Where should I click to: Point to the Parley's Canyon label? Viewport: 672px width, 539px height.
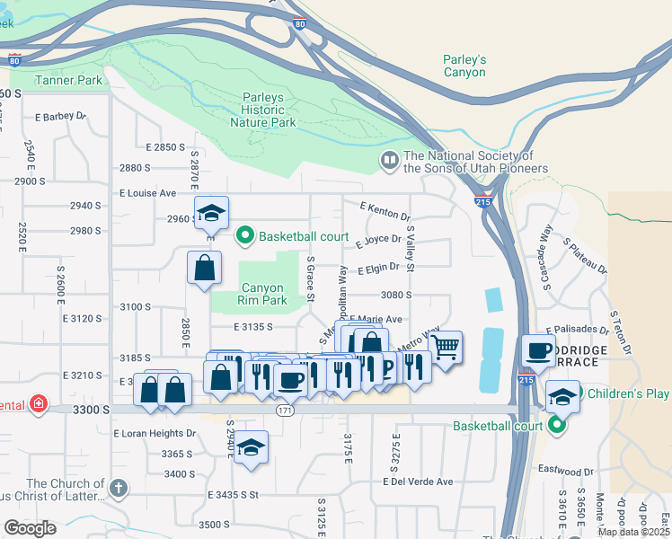(x=464, y=66)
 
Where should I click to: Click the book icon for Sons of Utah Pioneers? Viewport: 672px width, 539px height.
(x=389, y=161)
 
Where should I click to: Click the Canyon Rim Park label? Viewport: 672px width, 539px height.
(x=263, y=294)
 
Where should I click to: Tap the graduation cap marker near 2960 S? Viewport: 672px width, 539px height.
(x=212, y=213)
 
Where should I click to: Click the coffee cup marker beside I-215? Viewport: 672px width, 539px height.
(x=539, y=350)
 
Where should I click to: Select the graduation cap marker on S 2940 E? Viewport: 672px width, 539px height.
(x=252, y=447)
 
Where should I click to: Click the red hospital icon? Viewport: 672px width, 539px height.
(x=38, y=404)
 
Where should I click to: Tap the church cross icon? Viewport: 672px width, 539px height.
(x=118, y=489)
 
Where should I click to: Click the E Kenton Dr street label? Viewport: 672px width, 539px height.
(x=385, y=212)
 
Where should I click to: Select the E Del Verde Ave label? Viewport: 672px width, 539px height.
(x=418, y=482)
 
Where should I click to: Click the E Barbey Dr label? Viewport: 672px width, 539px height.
(x=60, y=116)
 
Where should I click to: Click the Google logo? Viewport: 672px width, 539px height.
(x=30, y=527)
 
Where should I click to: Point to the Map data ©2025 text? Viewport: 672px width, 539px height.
(x=632, y=532)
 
